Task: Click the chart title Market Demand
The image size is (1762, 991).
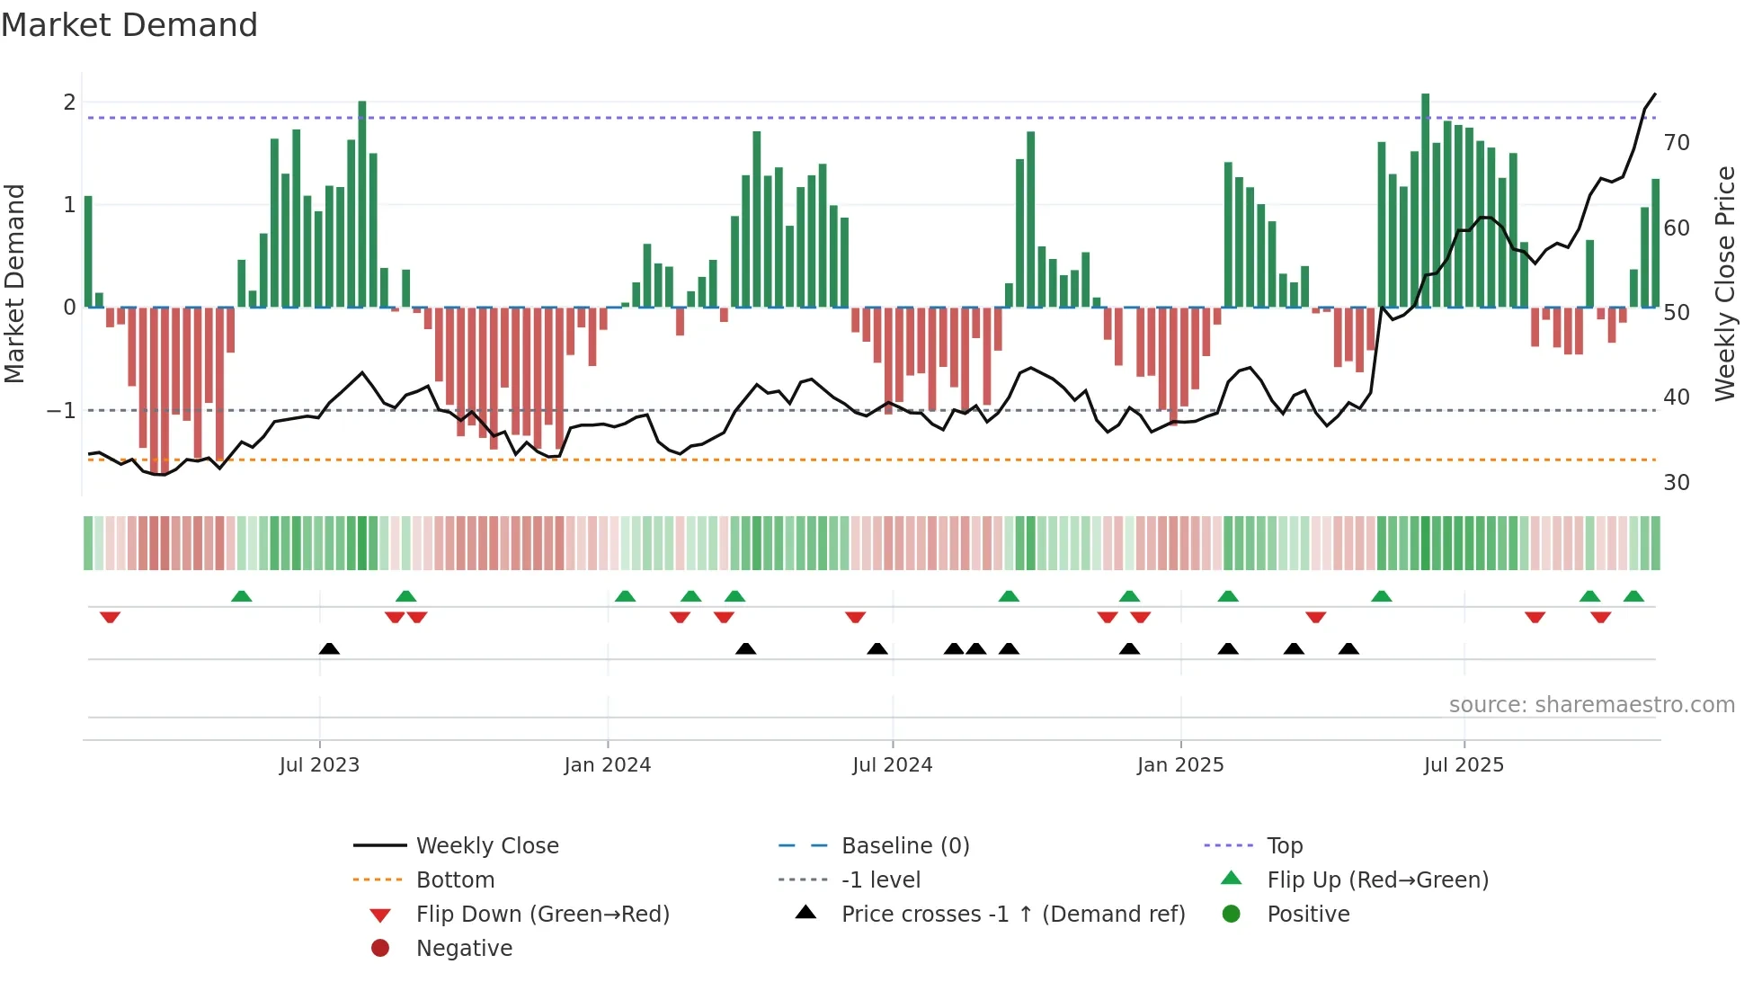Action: coord(129,25)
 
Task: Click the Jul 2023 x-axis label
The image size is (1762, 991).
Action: coord(319,765)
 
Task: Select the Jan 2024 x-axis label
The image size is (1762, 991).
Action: coord(607,765)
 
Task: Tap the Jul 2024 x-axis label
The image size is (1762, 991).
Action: coord(892,765)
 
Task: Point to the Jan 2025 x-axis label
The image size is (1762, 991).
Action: coord(1179,765)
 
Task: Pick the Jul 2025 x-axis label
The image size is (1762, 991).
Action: coord(1464,765)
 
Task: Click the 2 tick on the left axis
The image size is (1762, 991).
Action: coord(69,103)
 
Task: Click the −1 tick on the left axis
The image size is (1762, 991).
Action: coord(62,411)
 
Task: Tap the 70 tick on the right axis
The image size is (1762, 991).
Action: coord(1677,143)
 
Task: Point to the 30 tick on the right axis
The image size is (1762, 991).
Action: coord(1677,483)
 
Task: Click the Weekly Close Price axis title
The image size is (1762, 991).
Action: coord(1724,283)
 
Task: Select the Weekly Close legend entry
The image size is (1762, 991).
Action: coord(486,846)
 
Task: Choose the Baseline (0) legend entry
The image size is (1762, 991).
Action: coord(904,846)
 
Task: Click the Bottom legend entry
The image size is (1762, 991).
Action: coord(455,880)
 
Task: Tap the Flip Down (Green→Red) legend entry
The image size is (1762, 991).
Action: coord(542,915)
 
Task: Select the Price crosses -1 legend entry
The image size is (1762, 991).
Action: coord(1012,915)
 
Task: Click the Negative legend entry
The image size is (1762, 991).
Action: coord(464,949)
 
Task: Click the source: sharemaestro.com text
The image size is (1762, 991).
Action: coord(1591,705)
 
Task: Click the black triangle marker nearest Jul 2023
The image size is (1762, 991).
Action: coord(329,649)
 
